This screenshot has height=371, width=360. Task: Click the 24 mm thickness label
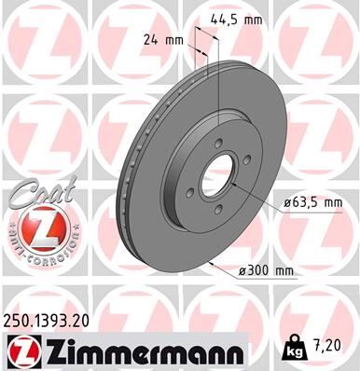tap(160, 40)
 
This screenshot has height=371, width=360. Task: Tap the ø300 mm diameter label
tap(266, 270)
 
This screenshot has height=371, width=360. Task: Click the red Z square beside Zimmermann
tap(21, 349)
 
